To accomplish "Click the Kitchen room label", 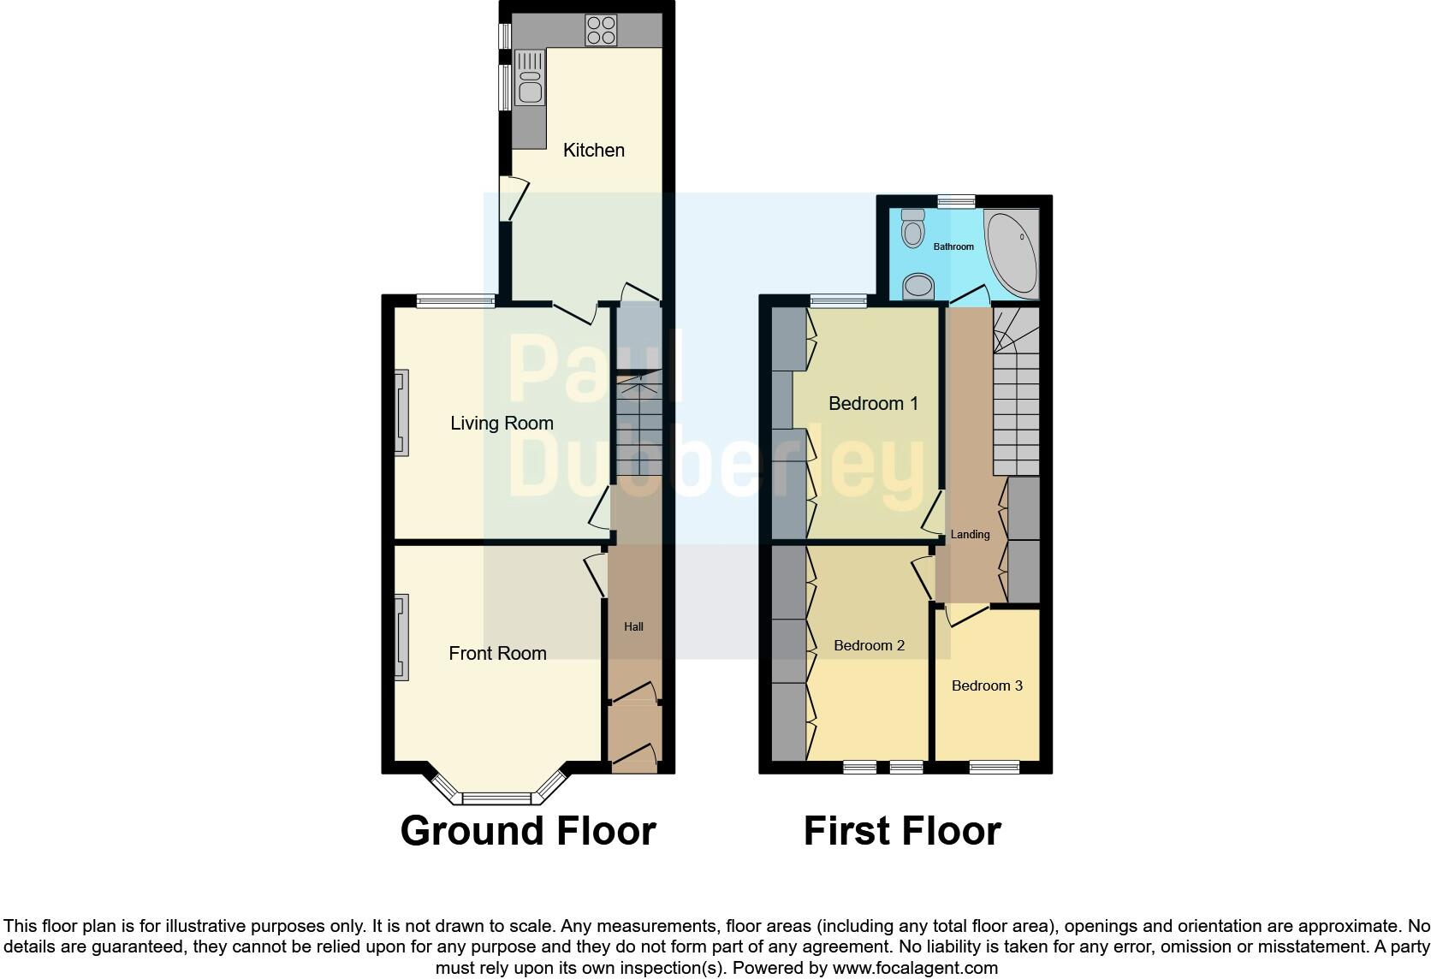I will point(593,151).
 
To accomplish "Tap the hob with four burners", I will point(602,31).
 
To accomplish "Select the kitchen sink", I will point(530,78).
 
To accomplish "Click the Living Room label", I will point(502,423).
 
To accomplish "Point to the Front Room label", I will point(497,654).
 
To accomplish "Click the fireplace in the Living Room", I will point(401,412).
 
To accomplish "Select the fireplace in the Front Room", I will point(401,638).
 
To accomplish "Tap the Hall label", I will point(633,626).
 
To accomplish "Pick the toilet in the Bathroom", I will point(913,228).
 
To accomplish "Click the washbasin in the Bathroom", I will point(917,286).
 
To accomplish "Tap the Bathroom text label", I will point(953,246).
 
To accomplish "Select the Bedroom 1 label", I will point(873,403).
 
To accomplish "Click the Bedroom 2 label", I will point(869,645).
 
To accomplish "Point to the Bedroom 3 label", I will point(987,685).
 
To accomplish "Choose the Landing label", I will point(970,534).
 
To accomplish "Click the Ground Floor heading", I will point(528,831).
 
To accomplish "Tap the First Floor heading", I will point(902,831).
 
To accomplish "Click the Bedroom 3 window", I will point(994,767).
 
